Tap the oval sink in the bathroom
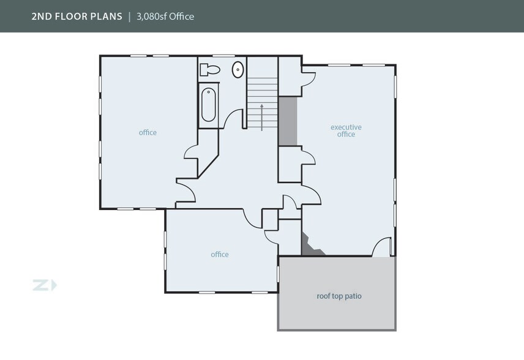(x=238, y=70)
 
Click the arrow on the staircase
(x=262, y=116)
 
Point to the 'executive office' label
(x=346, y=130)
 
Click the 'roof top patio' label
(x=339, y=296)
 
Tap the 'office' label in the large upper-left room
(x=148, y=132)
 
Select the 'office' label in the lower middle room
(x=220, y=254)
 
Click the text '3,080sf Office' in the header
(x=165, y=17)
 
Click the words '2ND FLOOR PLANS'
(x=77, y=17)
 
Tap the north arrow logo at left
(x=45, y=285)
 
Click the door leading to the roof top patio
(x=381, y=247)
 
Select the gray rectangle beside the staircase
(x=288, y=121)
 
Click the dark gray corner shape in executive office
(x=310, y=246)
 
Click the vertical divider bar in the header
(x=129, y=17)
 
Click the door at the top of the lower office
(x=253, y=218)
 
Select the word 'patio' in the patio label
(x=353, y=296)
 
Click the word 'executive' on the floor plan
(x=346, y=127)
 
